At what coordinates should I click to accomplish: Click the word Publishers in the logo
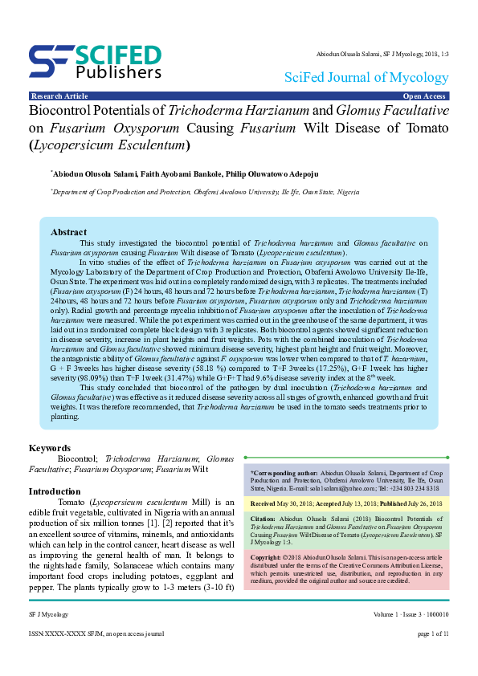[120, 71]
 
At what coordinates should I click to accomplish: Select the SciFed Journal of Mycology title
[366, 78]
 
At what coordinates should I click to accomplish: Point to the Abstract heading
[68, 232]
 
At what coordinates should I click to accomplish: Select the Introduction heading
[55, 491]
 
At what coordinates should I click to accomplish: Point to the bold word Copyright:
[268, 556]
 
